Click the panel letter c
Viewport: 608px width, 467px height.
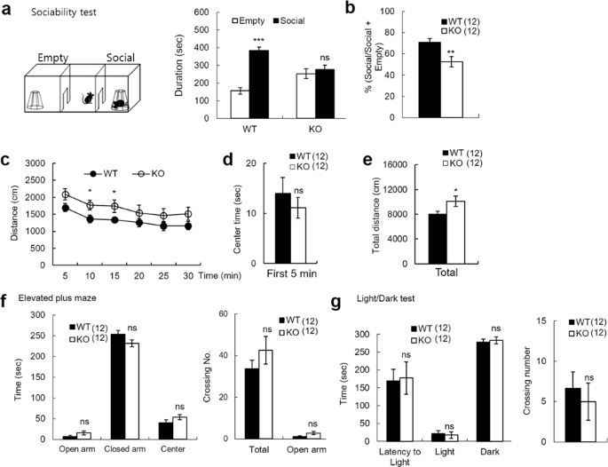(7, 161)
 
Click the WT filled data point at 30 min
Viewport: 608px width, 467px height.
(187, 226)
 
